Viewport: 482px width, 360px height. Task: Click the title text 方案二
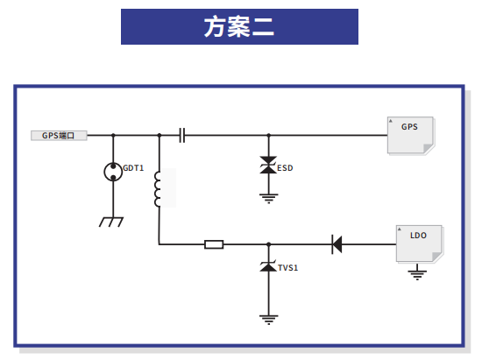tap(239, 27)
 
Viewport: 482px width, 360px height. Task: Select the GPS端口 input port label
tap(59, 136)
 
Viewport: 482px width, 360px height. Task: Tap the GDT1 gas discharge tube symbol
tap(113, 172)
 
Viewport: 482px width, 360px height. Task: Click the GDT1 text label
tap(133, 168)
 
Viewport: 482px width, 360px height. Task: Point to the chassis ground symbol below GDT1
tap(111, 222)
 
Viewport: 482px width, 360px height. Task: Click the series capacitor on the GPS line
tap(182, 135)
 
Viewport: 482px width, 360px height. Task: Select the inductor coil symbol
tap(158, 189)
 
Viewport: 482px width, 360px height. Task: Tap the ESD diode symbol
tap(268, 165)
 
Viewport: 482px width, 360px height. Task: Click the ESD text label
tap(285, 168)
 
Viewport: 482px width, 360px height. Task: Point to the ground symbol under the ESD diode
tap(269, 199)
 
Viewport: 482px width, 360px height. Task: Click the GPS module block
tap(411, 135)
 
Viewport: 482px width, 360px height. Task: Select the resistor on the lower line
tap(214, 244)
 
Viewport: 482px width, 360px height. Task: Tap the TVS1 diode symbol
tap(268, 266)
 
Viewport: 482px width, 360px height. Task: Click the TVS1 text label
tap(288, 268)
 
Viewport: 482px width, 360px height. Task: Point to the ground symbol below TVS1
tap(269, 320)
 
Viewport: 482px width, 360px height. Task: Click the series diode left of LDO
tap(337, 244)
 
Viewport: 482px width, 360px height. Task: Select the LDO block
tap(419, 244)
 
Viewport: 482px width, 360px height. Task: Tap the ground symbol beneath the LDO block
tap(417, 275)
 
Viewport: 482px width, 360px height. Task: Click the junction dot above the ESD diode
tap(269, 135)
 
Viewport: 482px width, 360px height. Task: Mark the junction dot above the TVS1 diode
tap(269, 244)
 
